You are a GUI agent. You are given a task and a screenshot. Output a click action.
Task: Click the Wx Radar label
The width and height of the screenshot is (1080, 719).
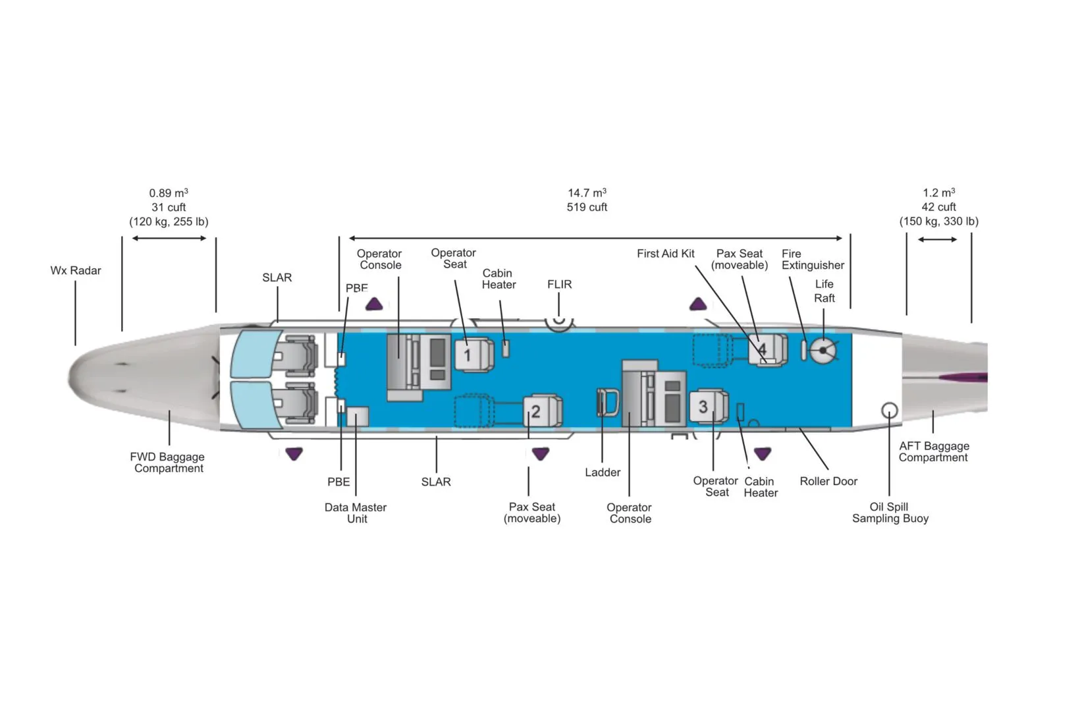point(76,271)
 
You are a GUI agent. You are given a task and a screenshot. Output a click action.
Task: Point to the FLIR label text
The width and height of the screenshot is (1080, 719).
point(559,285)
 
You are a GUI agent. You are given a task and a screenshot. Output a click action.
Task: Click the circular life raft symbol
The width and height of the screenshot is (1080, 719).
point(823,350)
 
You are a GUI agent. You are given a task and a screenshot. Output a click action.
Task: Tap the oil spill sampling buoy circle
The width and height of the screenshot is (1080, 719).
point(889,411)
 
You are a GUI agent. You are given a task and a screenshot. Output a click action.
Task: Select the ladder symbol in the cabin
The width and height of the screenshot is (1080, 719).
point(607,403)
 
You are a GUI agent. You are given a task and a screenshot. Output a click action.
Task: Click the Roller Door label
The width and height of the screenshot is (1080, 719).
point(828,482)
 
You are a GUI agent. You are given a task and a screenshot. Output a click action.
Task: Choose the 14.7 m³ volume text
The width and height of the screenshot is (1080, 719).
point(587,193)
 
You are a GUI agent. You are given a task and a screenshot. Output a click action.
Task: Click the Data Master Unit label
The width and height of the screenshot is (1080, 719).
point(356,513)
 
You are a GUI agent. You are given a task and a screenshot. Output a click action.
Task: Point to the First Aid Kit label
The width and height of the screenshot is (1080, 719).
point(665,254)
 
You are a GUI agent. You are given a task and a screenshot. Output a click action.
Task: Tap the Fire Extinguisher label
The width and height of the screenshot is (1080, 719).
point(812,260)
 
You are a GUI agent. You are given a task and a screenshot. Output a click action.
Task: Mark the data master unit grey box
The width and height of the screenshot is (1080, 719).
point(358,417)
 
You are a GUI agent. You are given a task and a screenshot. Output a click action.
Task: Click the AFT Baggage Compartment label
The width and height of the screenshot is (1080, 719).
point(933,452)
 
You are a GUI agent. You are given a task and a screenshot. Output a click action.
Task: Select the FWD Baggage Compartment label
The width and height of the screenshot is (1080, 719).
point(167,463)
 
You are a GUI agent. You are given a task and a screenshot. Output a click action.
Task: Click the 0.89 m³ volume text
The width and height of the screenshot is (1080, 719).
point(169,193)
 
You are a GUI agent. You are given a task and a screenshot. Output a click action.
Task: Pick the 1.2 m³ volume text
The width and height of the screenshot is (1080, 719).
point(938,193)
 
